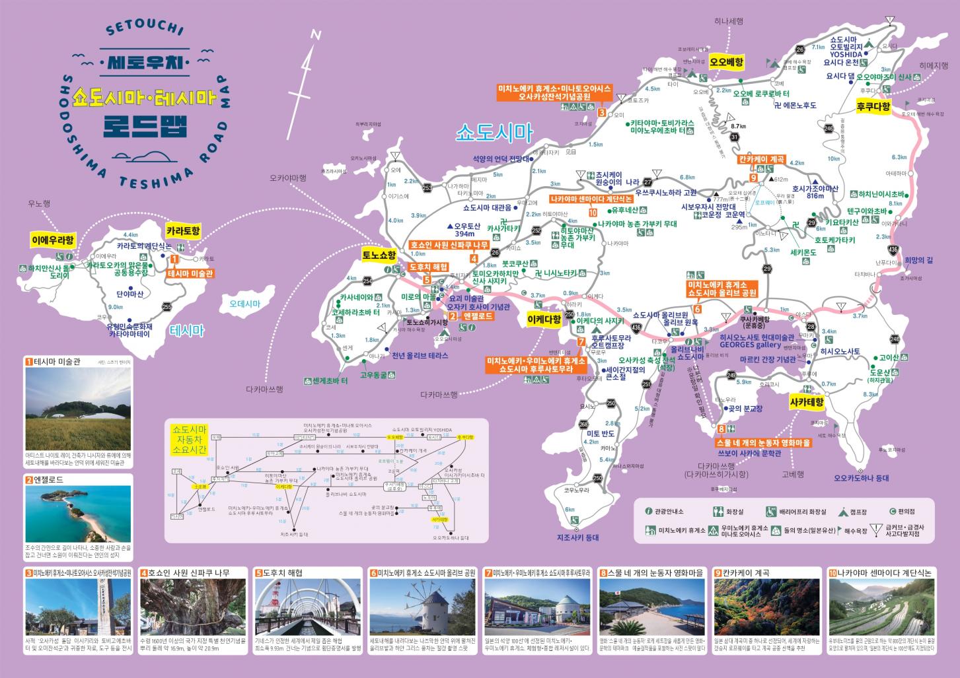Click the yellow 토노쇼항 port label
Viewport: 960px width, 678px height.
pos(379,254)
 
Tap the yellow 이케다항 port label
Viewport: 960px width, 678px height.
pos(544,320)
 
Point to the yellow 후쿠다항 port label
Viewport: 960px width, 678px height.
pos(873,106)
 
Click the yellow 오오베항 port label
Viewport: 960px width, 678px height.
pos(726,63)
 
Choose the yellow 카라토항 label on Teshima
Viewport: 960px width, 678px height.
pos(183,232)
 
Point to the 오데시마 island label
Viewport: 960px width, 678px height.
pos(245,304)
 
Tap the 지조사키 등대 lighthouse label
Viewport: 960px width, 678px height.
pos(577,537)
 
